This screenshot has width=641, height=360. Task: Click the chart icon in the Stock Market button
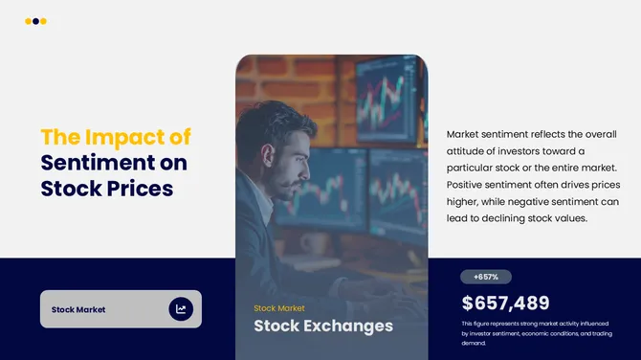click(x=181, y=309)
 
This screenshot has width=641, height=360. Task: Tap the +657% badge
click(x=486, y=277)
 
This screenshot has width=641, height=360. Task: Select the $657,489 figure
click(x=505, y=304)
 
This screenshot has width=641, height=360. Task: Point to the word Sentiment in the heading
click(x=90, y=163)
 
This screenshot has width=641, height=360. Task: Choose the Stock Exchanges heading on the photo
click(x=322, y=326)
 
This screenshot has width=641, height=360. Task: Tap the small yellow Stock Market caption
click(x=279, y=308)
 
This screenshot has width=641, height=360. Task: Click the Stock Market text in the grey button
click(x=78, y=309)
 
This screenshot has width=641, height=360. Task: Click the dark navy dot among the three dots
click(x=35, y=21)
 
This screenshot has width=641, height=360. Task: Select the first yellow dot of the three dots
click(x=28, y=21)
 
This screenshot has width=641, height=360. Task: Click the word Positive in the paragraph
click(x=469, y=185)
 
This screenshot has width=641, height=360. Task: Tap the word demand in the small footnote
click(x=474, y=343)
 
